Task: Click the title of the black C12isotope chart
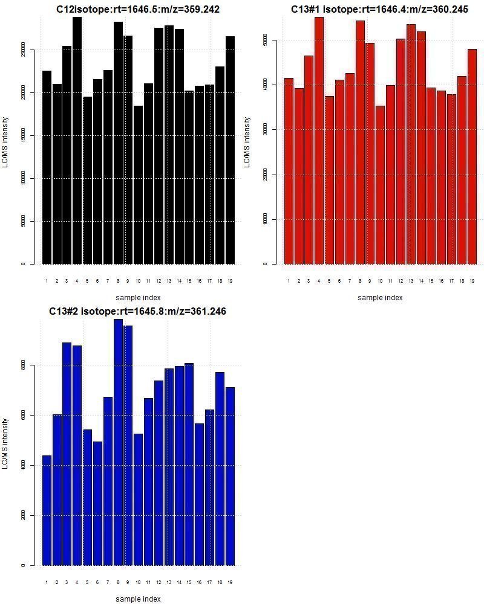[142, 10]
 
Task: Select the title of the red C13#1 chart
[379, 10]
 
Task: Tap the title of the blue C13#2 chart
[138, 311]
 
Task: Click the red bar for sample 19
[472, 156]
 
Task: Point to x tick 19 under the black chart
[230, 281]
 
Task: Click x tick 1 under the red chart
[289, 281]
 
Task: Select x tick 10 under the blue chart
[138, 582]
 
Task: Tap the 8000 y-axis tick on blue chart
[22, 365]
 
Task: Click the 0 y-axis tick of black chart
[23, 264]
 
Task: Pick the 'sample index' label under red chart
[379, 297]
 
